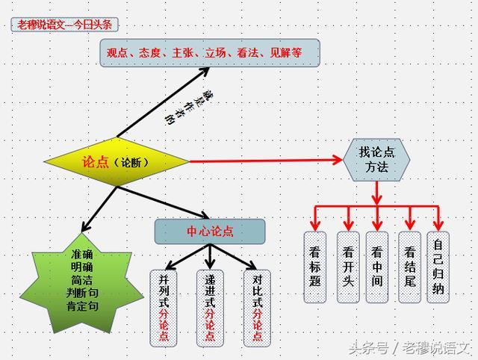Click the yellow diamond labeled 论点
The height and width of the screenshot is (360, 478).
(x=117, y=161)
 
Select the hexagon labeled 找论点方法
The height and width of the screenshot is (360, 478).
(x=377, y=159)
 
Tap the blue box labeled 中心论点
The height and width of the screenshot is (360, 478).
(x=210, y=232)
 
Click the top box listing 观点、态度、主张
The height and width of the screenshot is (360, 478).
(x=210, y=53)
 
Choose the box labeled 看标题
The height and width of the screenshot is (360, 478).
(x=316, y=267)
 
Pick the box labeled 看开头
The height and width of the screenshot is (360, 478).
(x=347, y=267)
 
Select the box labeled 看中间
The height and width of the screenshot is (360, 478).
(x=378, y=267)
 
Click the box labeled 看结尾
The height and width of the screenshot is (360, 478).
(x=409, y=267)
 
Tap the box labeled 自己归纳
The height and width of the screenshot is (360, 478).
(x=438, y=267)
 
